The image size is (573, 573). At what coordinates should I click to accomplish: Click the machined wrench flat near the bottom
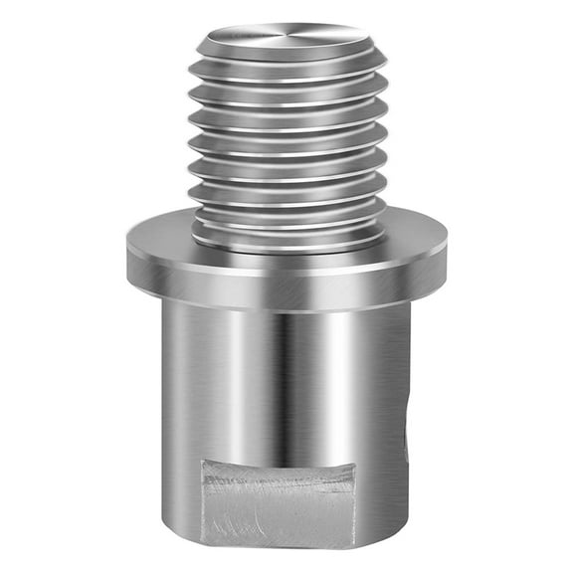pyautogui.click(x=279, y=507)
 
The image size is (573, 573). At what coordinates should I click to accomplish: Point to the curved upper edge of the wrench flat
pyautogui.click(x=279, y=465)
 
